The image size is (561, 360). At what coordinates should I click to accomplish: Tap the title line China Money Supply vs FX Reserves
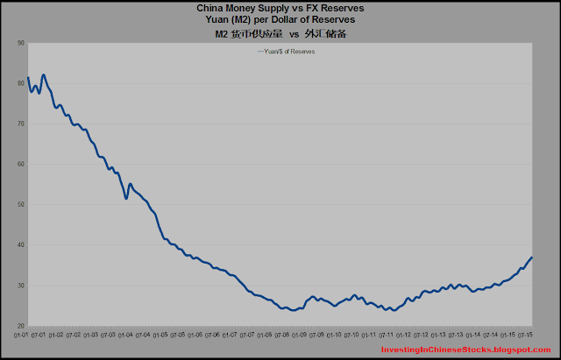280,8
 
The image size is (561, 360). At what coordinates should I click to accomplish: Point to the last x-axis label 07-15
527,334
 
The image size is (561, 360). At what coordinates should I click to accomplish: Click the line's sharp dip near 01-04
126,198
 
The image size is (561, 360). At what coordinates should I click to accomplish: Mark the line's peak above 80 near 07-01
44,75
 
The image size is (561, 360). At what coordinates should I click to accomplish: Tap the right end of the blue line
532,257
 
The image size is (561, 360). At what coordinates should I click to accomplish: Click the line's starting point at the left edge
28,78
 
